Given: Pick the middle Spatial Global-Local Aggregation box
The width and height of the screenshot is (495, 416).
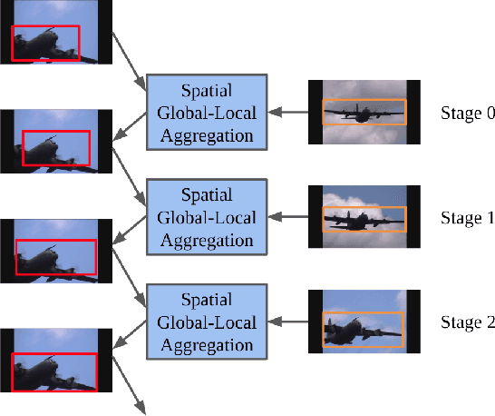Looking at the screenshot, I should [206, 217].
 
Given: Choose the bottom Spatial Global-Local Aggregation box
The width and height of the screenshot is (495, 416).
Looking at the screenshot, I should [206, 322].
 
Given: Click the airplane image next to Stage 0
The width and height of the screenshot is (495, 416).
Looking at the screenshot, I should [364, 112].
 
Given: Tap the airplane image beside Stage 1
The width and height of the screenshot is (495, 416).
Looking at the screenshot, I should [364, 217].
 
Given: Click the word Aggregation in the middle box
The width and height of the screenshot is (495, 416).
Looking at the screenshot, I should [206, 240].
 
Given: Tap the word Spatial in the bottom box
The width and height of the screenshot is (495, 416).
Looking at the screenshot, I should [207, 299].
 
